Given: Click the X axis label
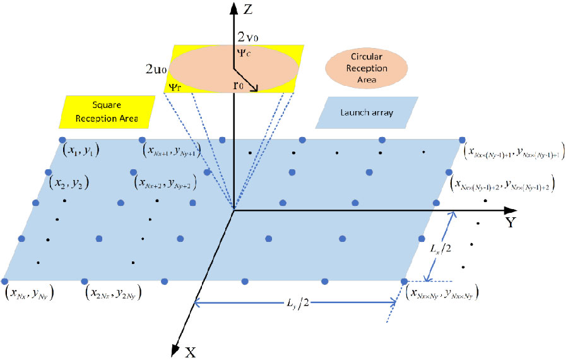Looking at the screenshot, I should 189,352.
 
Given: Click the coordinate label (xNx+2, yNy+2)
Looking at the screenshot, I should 163,183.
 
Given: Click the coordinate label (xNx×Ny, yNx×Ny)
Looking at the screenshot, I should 442,292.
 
